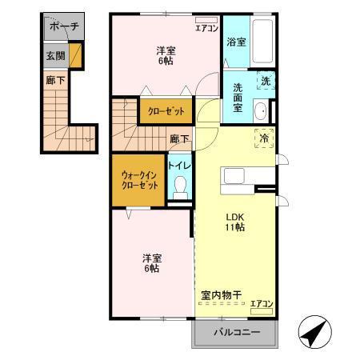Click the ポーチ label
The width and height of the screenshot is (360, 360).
click(64, 26)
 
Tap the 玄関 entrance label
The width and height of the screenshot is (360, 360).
click(55, 56)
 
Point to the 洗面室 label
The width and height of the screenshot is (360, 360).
click(237, 96)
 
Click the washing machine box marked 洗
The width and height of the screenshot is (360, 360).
click(265, 80)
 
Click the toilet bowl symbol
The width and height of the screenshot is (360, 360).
click(180, 188)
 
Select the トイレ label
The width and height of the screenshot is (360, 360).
click(178, 165)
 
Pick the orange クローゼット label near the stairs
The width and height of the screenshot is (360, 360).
click(166, 111)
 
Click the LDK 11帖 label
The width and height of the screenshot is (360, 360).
click(234, 222)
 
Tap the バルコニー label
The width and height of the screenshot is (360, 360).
click(236, 332)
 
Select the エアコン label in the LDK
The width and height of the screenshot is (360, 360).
click(262, 303)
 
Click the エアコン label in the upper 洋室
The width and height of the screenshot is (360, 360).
click(206, 28)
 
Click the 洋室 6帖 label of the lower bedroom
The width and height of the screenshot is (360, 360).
click(153, 262)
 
